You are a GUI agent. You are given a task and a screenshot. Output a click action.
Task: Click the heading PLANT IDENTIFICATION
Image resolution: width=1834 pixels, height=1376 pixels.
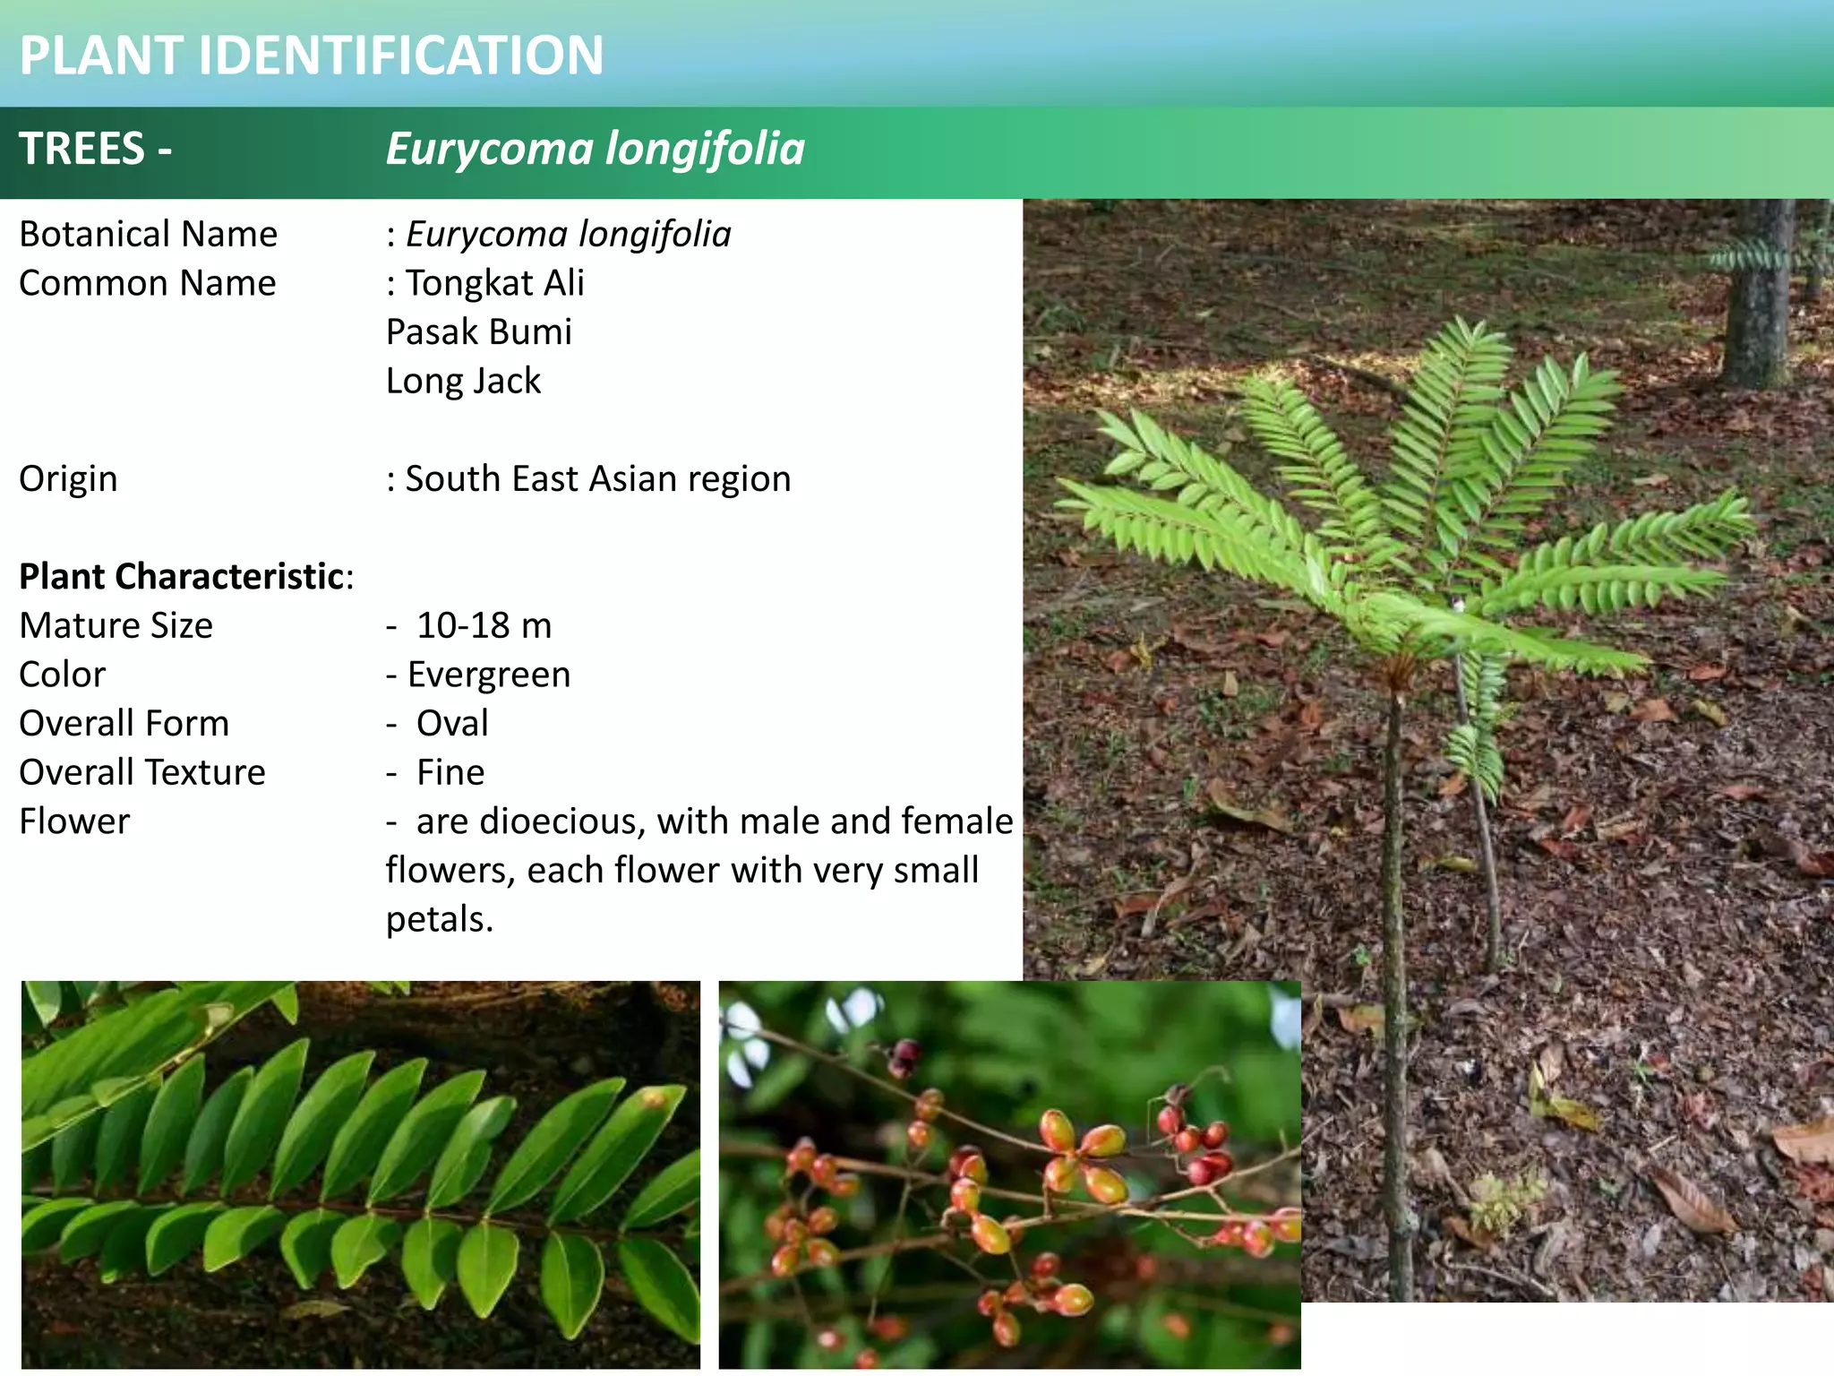(312, 55)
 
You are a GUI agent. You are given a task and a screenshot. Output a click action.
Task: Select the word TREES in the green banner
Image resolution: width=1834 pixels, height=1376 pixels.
(81, 149)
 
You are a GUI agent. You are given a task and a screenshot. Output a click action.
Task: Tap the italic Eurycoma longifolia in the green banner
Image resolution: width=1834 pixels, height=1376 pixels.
(595, 149)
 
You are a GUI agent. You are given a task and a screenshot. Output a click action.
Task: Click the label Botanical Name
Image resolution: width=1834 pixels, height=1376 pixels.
(148, 234)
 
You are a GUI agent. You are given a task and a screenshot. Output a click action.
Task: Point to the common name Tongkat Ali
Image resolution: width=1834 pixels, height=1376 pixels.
(494, 283)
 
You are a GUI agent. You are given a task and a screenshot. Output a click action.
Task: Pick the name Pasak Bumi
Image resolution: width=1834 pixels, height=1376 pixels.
(478, 331)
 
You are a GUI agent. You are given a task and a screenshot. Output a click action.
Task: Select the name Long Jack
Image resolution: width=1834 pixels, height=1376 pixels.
(463, 381)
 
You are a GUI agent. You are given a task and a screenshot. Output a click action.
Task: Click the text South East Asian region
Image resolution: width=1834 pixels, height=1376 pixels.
(597, 478)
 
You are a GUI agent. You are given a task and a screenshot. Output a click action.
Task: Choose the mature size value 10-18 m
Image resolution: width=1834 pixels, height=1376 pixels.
(484, 625)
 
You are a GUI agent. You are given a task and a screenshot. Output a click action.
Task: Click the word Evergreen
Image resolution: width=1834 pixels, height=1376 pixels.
(488, 675)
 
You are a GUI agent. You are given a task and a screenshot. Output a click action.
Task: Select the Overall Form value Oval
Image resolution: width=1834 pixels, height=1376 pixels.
(452, 723)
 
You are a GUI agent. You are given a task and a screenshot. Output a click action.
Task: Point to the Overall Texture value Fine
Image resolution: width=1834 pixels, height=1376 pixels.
(450, 772)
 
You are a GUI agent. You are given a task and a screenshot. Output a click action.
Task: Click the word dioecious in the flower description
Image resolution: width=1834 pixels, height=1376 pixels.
(561, 821)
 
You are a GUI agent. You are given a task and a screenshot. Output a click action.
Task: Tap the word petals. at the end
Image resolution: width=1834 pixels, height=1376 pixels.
(440, 919)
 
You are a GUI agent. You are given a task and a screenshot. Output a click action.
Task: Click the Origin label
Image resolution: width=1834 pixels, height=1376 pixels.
(68, 478)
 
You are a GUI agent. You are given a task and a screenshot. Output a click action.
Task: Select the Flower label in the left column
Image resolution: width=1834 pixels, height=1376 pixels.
(74, 821)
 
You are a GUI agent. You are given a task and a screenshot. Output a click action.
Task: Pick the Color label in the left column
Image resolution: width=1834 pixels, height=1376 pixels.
(62, 675)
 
